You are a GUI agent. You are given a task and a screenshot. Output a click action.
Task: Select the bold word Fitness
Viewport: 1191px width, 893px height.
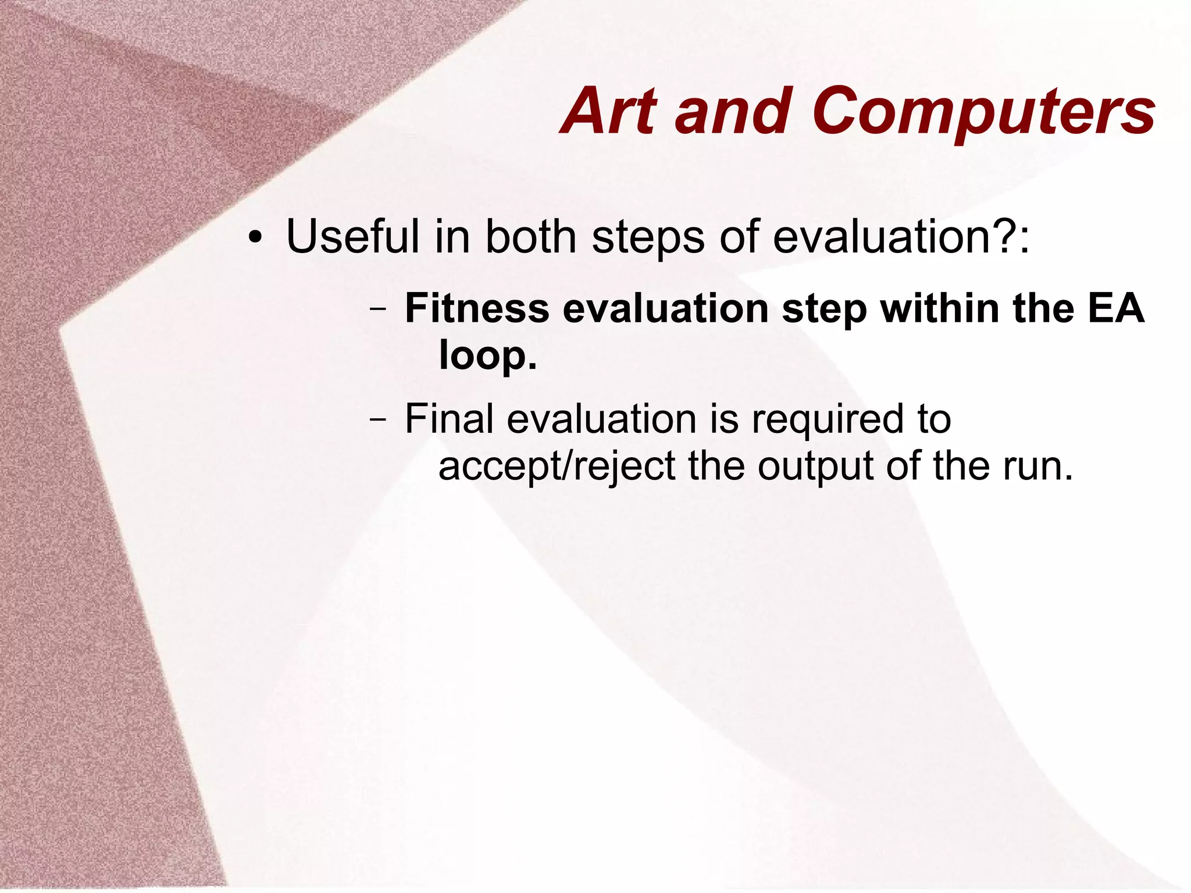tap(477, 308)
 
